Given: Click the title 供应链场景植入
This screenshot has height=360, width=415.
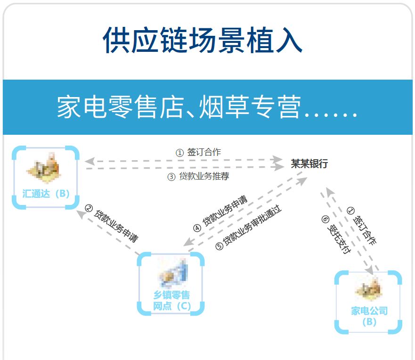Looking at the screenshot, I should [x=203, y=40].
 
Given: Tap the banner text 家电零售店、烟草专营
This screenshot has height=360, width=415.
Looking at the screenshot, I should [x=179, y=107].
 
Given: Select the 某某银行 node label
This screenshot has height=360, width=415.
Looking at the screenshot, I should [x=309, y=164].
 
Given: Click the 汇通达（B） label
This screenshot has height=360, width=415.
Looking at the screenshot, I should [x=46, y=193].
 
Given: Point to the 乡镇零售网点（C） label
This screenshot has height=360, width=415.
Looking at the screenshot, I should [x=171, y=301].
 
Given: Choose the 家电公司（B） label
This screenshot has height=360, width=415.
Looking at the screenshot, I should [x=369, y=316].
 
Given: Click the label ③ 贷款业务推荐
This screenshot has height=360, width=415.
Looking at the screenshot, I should [x=198, y=177].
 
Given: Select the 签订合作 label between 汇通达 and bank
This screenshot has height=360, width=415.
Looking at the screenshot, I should [x=198, y=152].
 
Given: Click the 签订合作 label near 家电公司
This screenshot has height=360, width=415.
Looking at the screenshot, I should [x=361, y=226].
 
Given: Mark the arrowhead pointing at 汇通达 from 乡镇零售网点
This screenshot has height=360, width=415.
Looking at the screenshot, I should [x=81, y=213].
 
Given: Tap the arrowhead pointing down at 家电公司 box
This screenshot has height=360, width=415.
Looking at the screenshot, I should [x=370, y=270].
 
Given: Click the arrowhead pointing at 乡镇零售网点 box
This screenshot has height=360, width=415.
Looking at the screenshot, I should [x=187, y=242].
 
